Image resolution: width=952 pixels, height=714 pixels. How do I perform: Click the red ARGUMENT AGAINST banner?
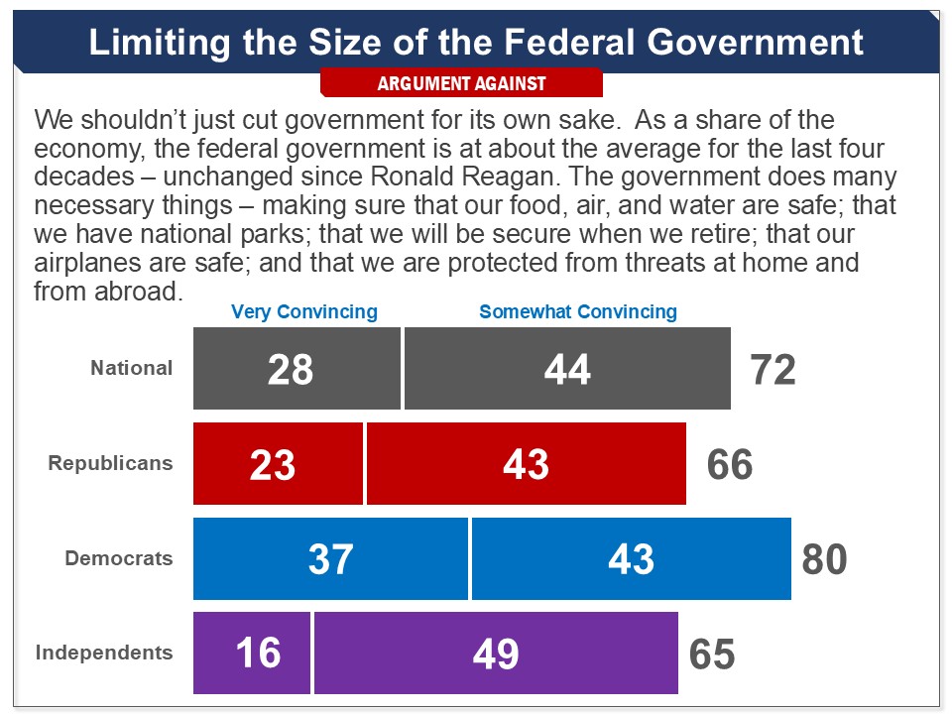461,83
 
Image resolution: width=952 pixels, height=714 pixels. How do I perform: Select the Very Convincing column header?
304,311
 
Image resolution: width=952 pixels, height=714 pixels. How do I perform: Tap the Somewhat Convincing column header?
578,311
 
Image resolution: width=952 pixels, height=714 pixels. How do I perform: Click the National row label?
132,368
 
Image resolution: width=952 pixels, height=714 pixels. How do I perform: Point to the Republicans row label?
110,463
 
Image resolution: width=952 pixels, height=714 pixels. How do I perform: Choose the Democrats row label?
119,558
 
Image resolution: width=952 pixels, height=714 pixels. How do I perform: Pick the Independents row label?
104,653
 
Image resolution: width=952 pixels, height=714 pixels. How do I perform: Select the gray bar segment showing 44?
567,369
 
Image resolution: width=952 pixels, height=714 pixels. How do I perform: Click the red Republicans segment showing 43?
527,464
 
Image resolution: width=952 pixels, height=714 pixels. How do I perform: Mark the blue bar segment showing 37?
330,559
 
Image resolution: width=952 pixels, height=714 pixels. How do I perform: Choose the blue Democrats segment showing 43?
632,559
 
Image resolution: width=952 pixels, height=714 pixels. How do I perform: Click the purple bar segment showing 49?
496,654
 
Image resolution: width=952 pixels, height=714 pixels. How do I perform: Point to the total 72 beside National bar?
773,370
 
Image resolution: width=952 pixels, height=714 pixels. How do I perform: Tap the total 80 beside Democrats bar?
825,560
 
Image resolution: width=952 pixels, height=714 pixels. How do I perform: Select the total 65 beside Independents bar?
712,654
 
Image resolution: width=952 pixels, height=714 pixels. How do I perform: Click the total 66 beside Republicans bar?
730,465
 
